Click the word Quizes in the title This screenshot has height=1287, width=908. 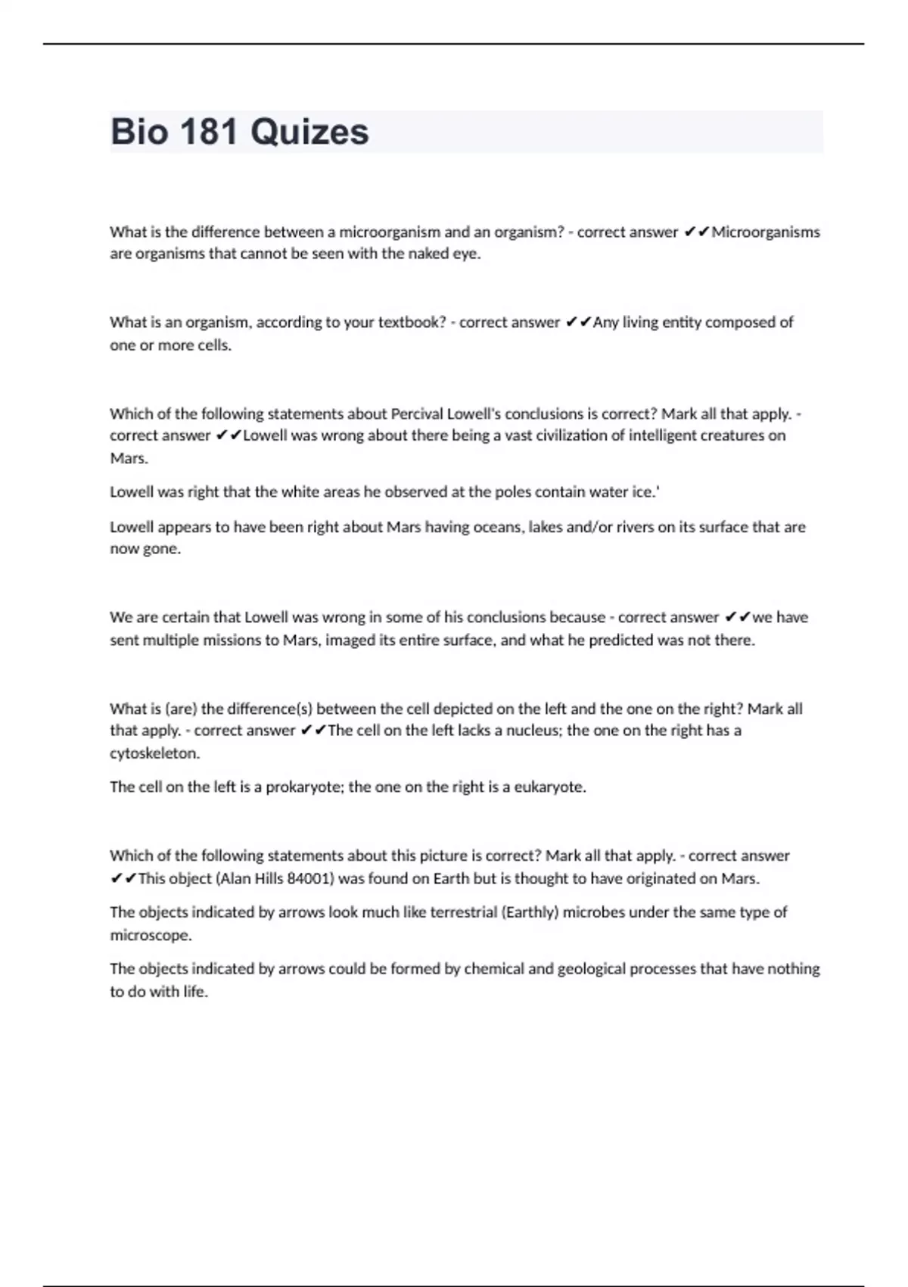pyautogui.click(x=309, y=132)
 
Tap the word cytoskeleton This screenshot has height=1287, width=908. pyautogui.click(x=155, y=753)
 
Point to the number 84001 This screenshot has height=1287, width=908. pyautogui.click(x=310, y=879)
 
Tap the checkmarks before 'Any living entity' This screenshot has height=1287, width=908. pyautogui.click(x=578, y=323)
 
